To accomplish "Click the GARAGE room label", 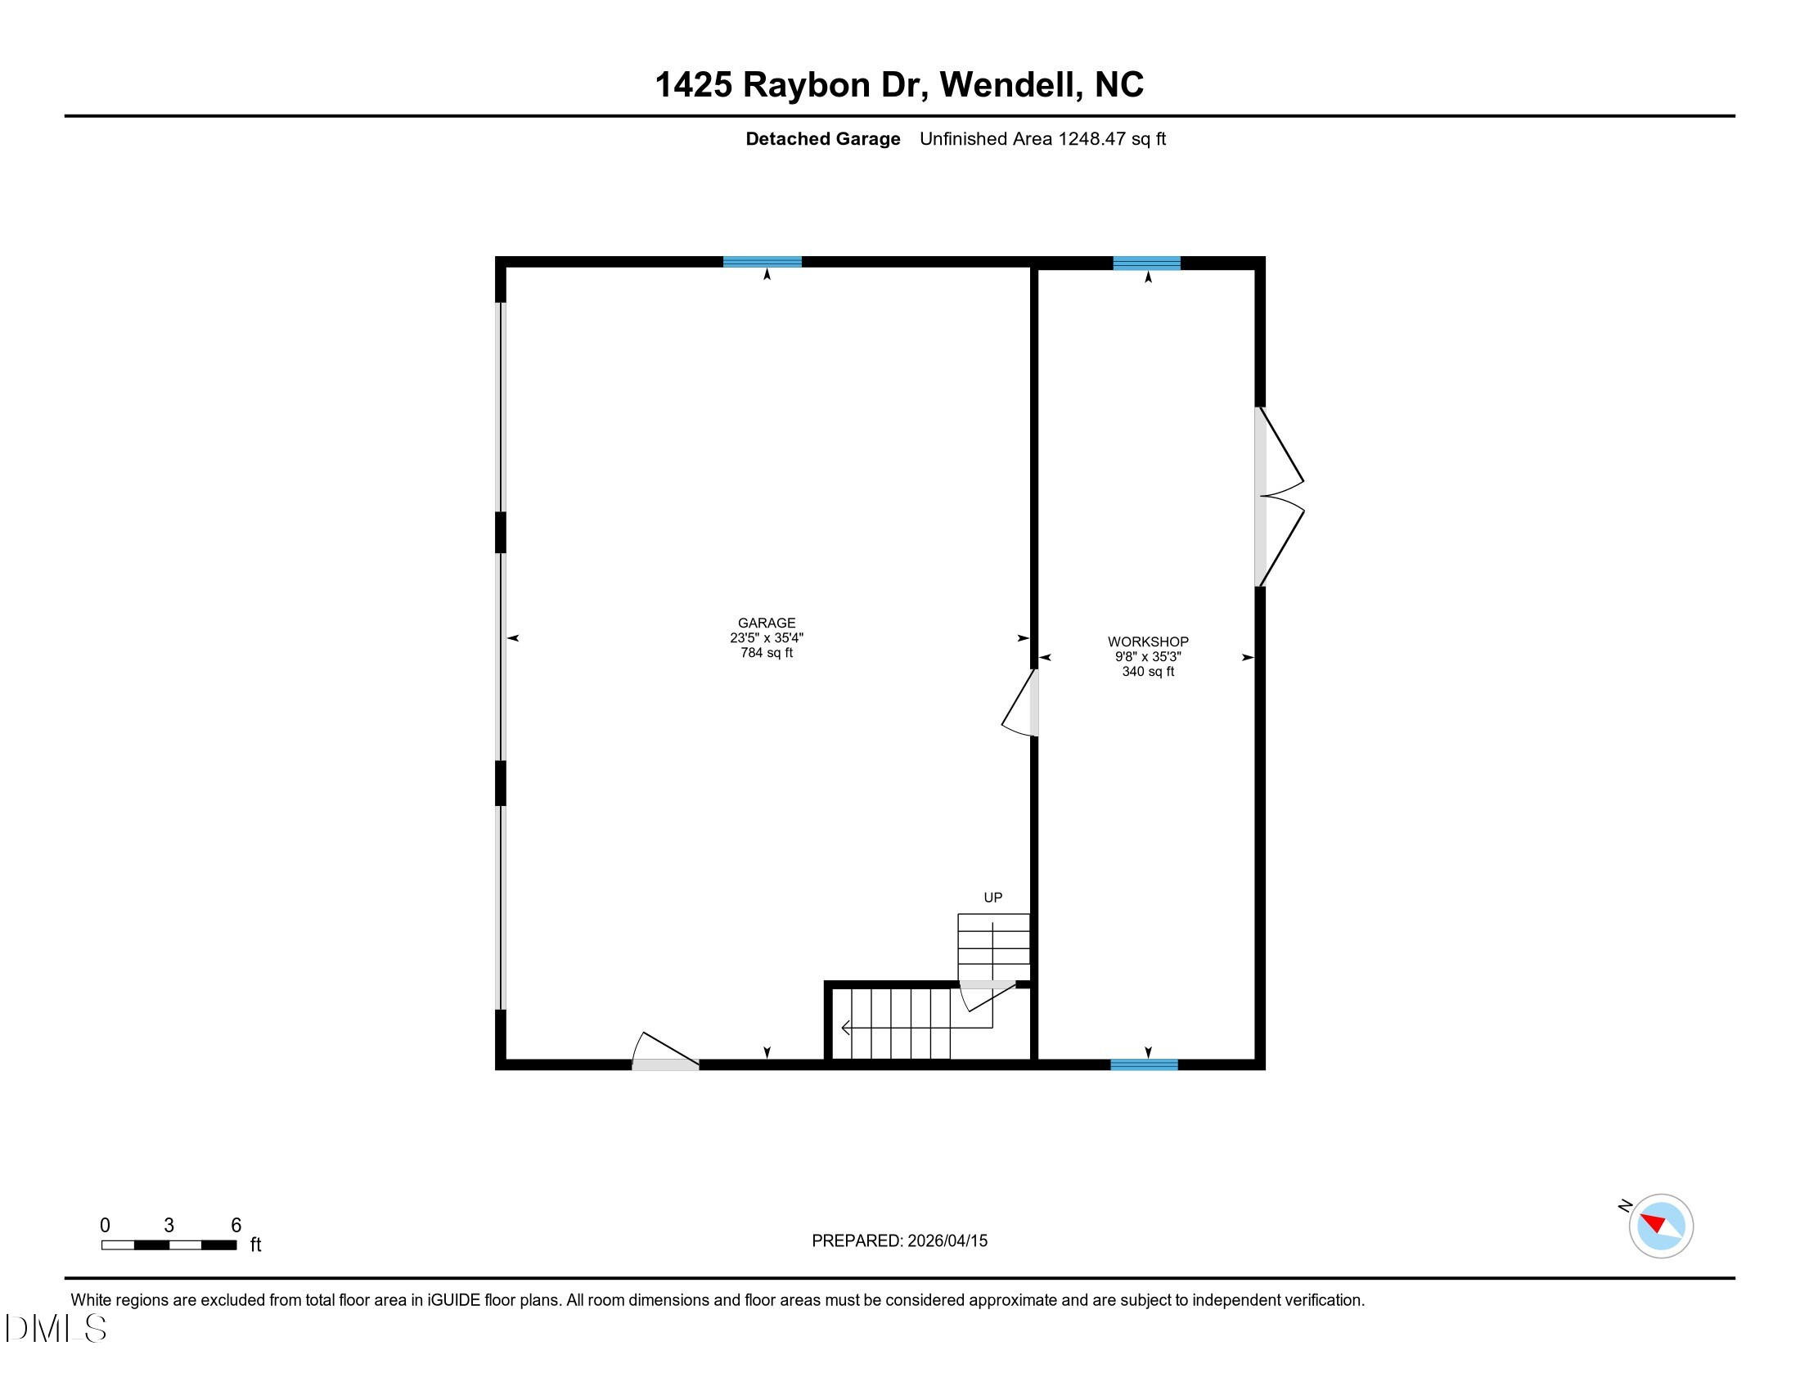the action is [767, 623].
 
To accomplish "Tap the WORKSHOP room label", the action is [1148, 642].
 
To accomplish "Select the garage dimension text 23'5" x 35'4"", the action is [767, 638].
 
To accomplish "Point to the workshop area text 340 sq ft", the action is [1148, 672].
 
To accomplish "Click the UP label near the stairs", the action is [993, 898].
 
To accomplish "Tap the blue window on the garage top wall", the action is [763, 262].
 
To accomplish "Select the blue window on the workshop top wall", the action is [1146, 263].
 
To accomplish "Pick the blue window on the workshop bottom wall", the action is [1144, 1065].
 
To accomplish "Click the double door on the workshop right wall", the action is [1278, 497].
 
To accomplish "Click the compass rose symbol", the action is [1661, 1226].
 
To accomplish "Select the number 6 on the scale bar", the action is [236, 1225].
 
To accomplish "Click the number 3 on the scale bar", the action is [169, 1225].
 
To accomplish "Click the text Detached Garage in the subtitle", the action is [822, 139].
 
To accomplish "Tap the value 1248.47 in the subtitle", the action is [1092, 138].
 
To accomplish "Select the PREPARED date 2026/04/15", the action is [947, 1241].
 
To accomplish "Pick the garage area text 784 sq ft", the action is [767, 653].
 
